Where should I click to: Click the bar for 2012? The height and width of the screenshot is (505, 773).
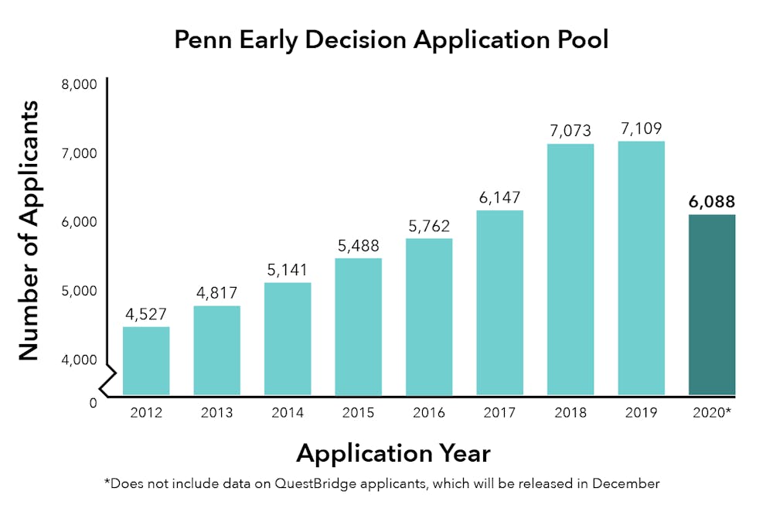146,360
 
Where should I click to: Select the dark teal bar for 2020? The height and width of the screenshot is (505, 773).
711,305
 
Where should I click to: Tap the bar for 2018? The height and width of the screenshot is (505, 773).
570,269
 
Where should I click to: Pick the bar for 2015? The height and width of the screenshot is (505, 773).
358,326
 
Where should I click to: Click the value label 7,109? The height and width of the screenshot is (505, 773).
641,128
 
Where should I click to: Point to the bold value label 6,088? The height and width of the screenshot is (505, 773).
711,201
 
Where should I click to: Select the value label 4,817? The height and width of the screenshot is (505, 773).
216,293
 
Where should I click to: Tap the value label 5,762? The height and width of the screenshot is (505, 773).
428,226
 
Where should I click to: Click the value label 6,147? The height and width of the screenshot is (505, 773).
499,198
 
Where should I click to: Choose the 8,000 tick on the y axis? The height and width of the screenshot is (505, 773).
79,84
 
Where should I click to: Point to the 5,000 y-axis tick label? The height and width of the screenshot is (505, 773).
79,291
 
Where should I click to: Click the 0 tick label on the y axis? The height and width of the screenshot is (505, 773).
93,403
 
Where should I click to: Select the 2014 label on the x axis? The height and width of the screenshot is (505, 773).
287,413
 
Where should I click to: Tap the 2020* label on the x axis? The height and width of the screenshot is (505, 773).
712,413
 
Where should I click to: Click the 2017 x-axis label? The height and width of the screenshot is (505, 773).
499,413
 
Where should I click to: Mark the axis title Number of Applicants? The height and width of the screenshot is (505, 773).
29,230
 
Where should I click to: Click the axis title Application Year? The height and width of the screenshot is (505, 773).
393,452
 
